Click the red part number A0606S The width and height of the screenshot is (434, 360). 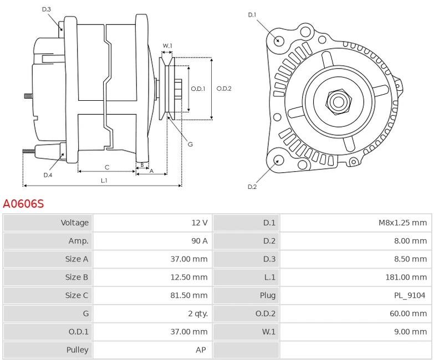pos(23,204)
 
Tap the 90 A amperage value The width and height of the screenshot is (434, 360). pos(200,241)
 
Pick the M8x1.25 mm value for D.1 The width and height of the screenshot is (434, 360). pos(403,223)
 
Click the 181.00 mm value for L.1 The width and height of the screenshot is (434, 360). pos(406,277)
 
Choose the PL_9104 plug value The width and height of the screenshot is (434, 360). pos(410,296)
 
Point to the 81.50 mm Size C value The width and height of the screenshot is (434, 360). pos(189,295)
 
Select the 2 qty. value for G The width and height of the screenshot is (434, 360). pos(198,313)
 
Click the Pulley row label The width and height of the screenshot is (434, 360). pos(77,350)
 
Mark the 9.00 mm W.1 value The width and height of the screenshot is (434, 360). pos(411,332)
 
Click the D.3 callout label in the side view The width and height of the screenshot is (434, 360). pos(47,9)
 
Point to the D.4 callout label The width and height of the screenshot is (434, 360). pos(48,175)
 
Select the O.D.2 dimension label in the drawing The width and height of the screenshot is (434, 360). pos(224,89)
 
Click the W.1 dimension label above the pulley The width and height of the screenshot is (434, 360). pos(167,45)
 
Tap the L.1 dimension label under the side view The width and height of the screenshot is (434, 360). pos(104,181)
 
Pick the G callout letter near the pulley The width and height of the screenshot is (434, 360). pos(190,145)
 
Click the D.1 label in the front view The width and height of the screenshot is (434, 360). pos(252,15)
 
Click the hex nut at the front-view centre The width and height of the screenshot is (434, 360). pos(338,102)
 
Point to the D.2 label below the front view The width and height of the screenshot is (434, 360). pos(252,187)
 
